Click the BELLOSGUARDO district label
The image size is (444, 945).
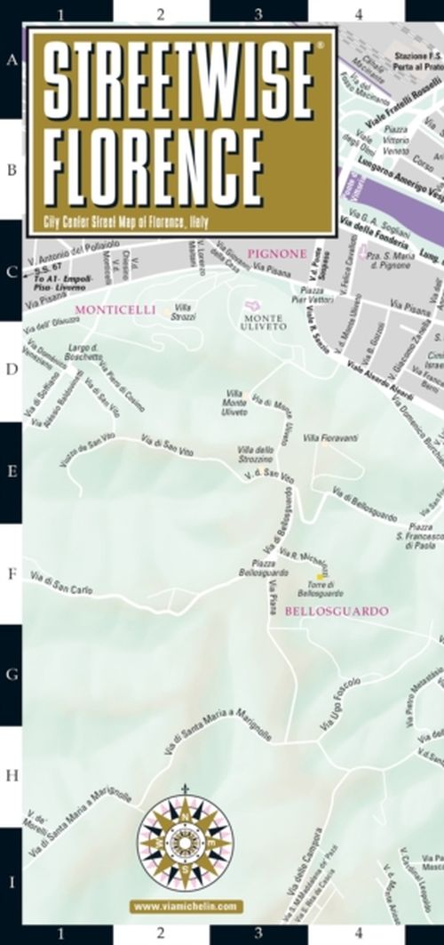click(x=337, y=612)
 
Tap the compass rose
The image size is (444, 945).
click(x=186, y=839)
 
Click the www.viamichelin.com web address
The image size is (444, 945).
click(x=186, y=907)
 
